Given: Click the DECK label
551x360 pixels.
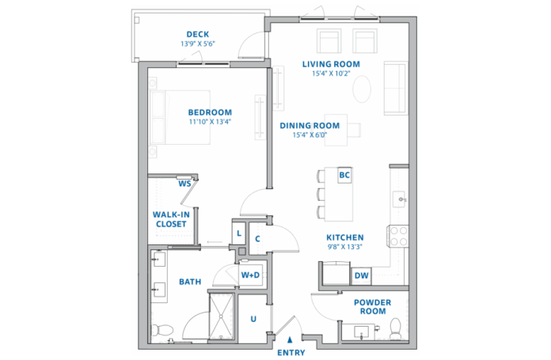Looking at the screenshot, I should click(x=197, y=34).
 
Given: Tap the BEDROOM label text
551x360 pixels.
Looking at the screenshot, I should click(x=210, y=112).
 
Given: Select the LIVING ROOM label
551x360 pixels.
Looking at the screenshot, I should click(x=332, y=64).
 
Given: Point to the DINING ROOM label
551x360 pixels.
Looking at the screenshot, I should click(x=310, y=125).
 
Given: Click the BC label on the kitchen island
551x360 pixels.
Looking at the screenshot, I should click(x=344, y=175).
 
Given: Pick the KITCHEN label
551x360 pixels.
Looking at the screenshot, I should click(x=345, y=237).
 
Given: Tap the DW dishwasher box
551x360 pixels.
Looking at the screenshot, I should click(x=361, y=275).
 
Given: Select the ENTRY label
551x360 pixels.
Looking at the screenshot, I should click(x=291, y=352).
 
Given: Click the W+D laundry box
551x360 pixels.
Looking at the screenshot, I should click(x=250, y=275).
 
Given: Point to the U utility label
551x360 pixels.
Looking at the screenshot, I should click(x=253, y=318).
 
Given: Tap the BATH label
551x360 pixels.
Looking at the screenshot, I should click(x=190, y=282).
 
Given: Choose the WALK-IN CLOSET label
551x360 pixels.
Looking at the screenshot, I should click(x=170, y=219).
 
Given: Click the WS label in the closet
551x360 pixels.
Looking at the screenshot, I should click(x=184, y=184).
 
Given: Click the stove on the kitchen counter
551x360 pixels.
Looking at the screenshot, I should click(x=397, y=234).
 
